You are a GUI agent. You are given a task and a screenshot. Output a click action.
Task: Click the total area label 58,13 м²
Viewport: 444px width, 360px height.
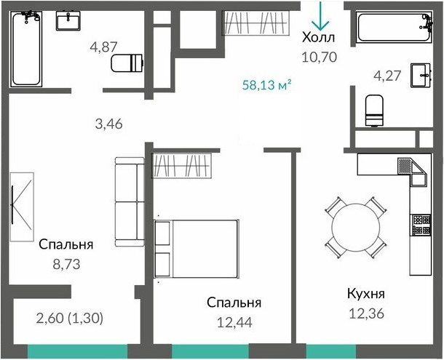266,84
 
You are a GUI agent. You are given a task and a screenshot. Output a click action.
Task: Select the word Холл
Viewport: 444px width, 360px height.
319,38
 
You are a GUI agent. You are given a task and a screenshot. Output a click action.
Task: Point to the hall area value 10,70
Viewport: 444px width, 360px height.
319,56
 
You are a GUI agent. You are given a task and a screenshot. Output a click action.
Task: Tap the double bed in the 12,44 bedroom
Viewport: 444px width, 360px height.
197,247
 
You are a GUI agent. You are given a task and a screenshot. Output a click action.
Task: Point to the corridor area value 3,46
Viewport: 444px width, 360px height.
108,124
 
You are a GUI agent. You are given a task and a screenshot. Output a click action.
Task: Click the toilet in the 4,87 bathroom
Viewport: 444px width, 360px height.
130,63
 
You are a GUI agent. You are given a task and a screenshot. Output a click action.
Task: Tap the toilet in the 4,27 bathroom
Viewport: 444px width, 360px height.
375,110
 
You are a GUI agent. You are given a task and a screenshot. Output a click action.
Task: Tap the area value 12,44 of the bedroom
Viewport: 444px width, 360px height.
234,321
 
